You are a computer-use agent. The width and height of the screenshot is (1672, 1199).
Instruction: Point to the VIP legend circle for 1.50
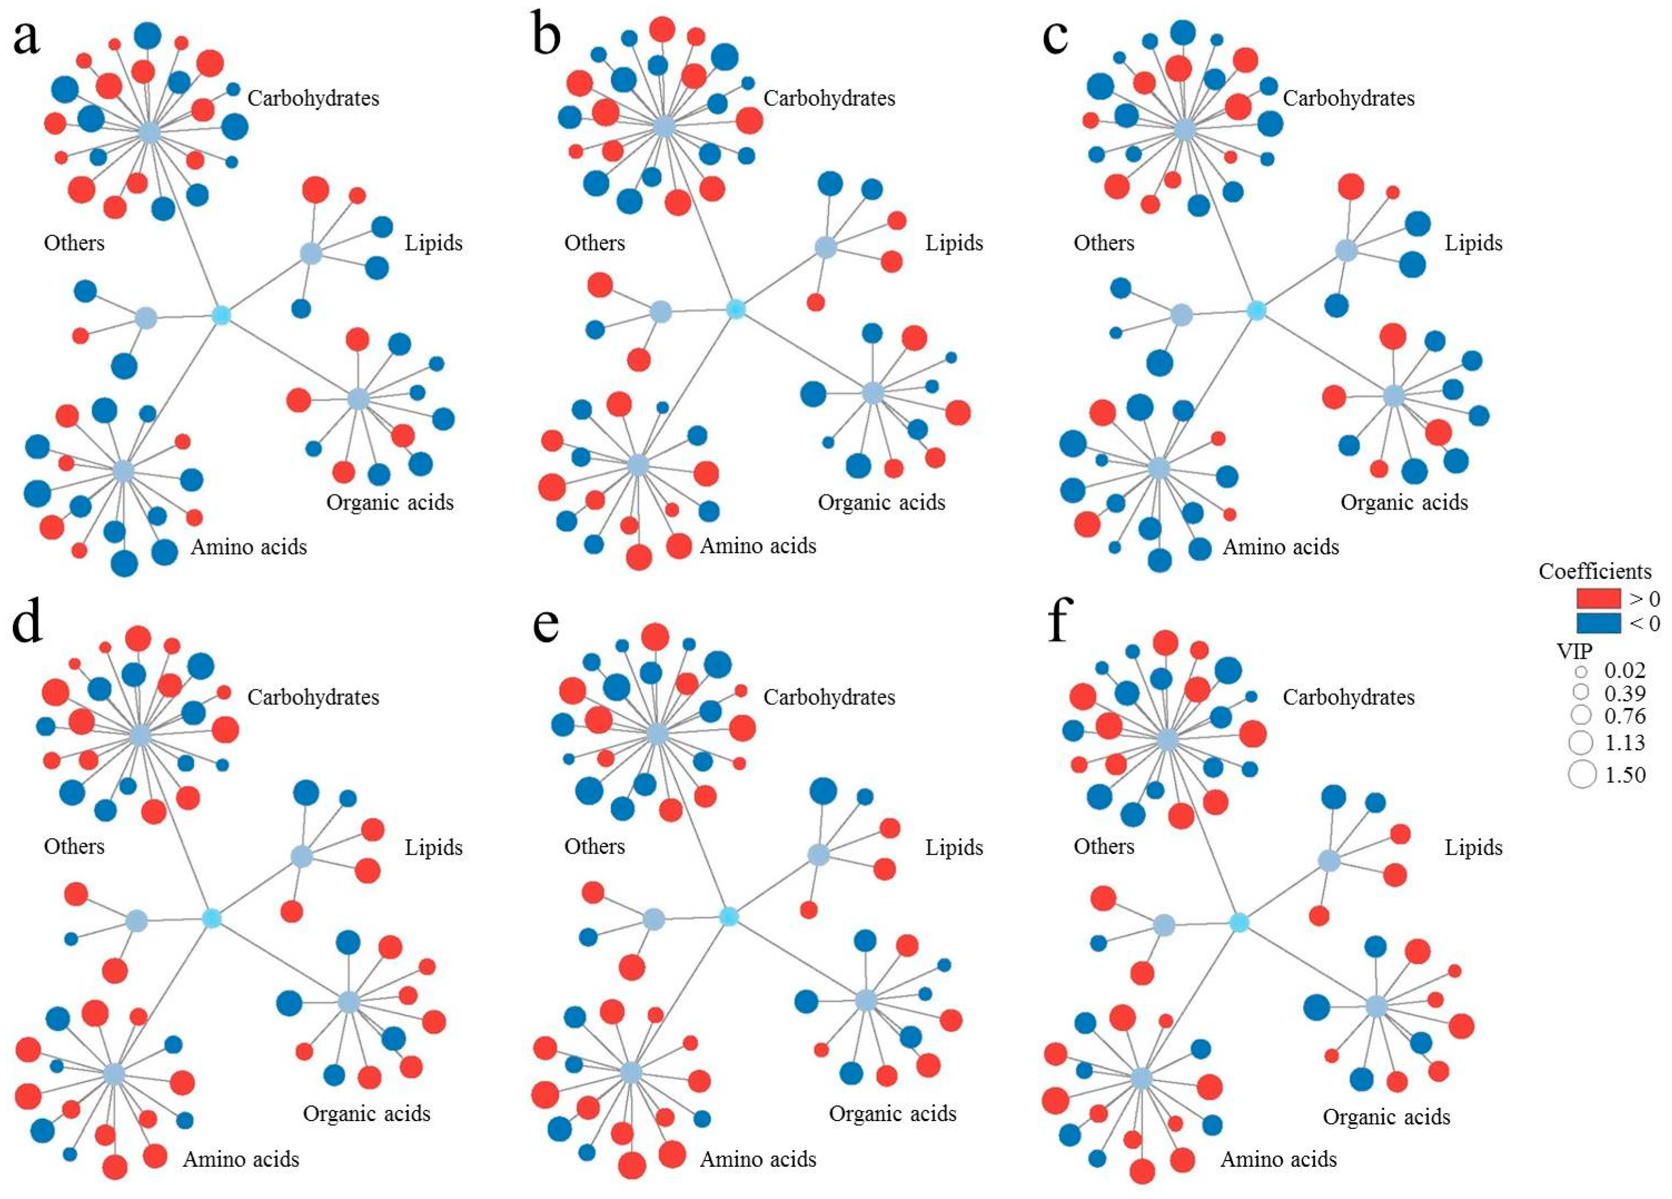tap(1582, 774)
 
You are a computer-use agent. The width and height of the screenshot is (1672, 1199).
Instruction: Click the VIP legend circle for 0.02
tap(1581, 671)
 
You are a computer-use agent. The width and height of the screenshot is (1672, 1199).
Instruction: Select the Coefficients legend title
tap(1595, 571)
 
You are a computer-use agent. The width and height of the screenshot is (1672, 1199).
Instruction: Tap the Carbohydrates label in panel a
tap(313, 98)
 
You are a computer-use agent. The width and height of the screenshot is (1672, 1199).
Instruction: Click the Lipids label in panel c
tap(1473, 243)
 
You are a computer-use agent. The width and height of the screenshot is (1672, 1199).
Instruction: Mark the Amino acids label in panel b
tap(758, 546)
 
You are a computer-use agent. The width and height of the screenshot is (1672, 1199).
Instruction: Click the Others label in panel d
tap(73, 846)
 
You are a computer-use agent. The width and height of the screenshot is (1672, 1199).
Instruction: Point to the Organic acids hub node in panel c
tap(1393, 396)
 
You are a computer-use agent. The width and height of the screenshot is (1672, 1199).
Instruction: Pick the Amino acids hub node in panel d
tap(114, 1074)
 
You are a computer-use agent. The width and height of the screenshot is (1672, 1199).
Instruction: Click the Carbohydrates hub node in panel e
tap(656, 735)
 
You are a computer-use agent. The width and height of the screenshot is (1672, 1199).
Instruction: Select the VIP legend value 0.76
tap(1625, 716)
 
